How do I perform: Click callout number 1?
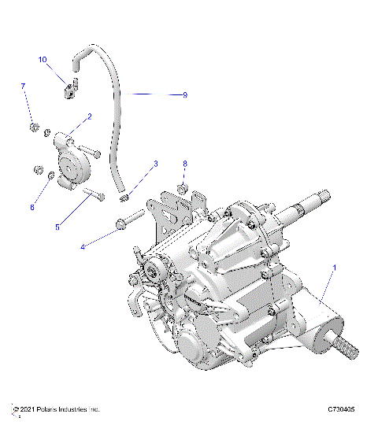coord(335,268)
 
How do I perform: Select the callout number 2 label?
coord(89,116)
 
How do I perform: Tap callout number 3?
coord(156,164)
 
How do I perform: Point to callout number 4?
coord(83,246)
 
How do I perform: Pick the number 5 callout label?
coord(56,227)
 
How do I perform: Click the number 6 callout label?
coord(32,208)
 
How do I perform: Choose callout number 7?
coord(23,86)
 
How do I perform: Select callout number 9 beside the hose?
coord(184,94)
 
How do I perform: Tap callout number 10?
coord(43,59)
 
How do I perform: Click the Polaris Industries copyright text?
coord(56,409)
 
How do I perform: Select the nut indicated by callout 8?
coord(181,188)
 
